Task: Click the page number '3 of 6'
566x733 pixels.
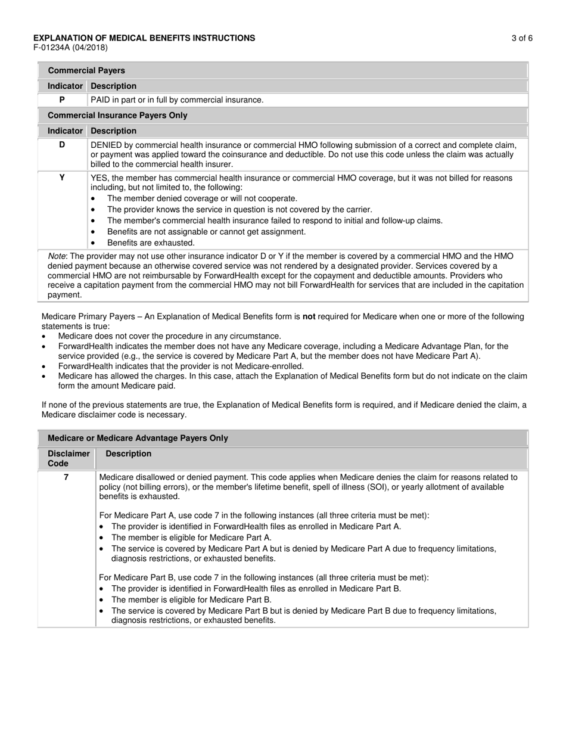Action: pyautogui.click(x=521, y=38)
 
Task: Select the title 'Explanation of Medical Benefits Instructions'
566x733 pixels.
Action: pyautogui.click(x=144, y=38)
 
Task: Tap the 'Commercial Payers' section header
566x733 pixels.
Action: pyautogui.click(x=86, y=70)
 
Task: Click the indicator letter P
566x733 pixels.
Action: pyautogui.click(x=62, y=100)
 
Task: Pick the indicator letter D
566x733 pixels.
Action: pyautogui.click(x=62, y=145)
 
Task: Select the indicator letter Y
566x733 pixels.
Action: pyautogui.click(x=62, y=178)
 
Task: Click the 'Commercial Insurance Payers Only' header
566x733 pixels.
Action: pyautogui.click(x=117, y=115)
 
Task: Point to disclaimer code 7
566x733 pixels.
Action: pyautogui.click(x=66, y=477)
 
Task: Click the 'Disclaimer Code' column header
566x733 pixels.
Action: pyautogui.click(x=69, y=458)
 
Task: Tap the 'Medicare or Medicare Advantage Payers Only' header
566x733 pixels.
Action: pyautogui.click(x=138, y=438)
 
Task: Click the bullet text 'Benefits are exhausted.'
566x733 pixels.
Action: pyautogui.click(x=151, y=243)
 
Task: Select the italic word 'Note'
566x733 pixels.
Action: pyautogui.click(x=57, y=256)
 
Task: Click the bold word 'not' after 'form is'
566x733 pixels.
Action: pyautogui.click(x=309, y=316)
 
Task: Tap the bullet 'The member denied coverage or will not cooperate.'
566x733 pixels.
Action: pyautogui.click(x=202, y=198)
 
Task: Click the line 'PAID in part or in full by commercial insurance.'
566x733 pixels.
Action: pyautogui.click(x=177, y=100)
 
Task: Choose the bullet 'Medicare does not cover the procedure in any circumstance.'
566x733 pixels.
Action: pyautogui.click(x=170, y=336)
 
